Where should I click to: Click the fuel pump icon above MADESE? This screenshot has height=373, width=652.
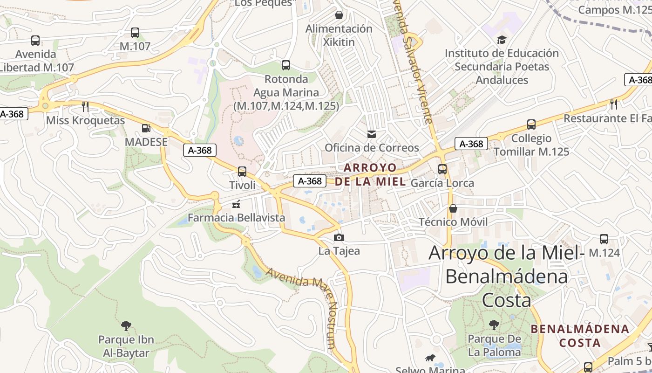146,128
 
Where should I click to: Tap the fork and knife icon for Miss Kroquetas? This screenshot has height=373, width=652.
85,107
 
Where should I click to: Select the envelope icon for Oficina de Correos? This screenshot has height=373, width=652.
372,134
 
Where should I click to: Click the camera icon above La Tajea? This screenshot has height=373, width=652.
339,238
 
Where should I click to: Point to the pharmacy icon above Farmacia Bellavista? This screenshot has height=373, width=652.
236,204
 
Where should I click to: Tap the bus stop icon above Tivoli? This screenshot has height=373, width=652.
242,172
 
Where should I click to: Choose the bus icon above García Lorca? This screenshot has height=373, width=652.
442,169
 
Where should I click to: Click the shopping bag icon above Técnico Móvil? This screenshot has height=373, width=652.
453,208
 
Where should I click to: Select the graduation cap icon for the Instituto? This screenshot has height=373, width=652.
502,40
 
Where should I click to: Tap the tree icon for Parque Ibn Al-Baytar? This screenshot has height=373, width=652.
126,325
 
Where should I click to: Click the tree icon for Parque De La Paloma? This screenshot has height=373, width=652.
494,325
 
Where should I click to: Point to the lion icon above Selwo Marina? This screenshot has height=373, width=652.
430,358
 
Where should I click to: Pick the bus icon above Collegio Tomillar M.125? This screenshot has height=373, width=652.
531,124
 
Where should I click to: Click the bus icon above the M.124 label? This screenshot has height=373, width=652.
604,239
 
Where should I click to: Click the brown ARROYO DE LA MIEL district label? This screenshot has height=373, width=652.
370,175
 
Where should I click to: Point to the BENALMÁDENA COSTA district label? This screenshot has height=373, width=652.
580,336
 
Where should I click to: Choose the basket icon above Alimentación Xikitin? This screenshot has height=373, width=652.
339,15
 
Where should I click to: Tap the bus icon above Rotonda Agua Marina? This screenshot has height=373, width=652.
286,65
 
